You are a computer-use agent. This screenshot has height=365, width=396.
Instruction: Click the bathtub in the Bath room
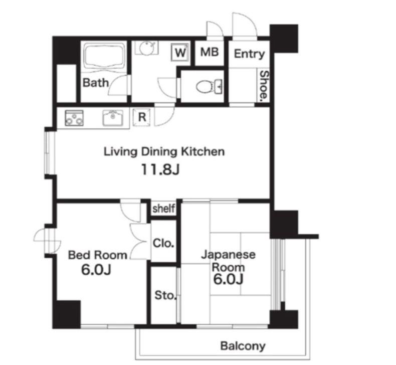[104, 57]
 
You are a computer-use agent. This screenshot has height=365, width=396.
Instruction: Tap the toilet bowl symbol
[209, 87]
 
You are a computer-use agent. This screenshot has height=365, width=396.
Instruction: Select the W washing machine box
[180, 52]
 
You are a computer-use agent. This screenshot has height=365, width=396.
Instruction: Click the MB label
[210, 52]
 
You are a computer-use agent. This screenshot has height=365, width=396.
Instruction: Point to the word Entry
[249, 54]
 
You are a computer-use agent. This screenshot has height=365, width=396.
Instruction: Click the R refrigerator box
[142, 117]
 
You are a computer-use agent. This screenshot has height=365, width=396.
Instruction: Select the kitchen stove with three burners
[74, 118]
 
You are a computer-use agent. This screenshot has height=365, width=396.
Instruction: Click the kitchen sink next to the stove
[113, 118]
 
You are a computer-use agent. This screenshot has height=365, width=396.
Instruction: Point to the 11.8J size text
[160, 169]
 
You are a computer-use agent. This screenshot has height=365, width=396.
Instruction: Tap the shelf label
[163, 209]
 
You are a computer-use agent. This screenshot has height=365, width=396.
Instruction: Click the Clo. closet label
[163, 243]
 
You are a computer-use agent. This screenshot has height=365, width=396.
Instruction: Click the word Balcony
[243, 346]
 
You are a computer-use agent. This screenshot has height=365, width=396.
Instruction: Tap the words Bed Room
[97, 255]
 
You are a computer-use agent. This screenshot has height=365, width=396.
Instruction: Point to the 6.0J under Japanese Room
[228, 279]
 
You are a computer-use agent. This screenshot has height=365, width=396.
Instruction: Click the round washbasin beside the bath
[146, 48]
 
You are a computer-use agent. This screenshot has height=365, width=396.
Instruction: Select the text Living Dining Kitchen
[164, 152]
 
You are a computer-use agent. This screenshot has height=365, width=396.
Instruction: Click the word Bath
[96, 83]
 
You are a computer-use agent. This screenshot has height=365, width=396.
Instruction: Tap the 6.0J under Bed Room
[96, 270]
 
